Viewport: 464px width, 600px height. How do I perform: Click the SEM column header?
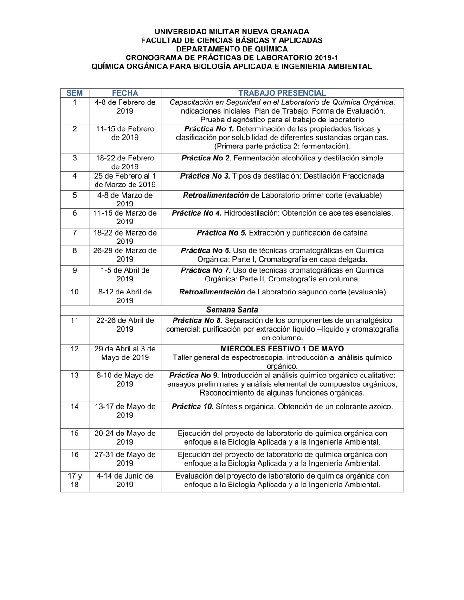click(x=74, y=93)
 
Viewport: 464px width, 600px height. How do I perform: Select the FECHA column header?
click(x=125, y=93)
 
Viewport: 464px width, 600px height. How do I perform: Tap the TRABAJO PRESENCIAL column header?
click(x=282, y=93)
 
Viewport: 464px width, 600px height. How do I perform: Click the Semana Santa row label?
click(x=232, y=310)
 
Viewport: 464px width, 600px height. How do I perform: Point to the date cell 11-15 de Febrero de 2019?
click(x=125, y=133)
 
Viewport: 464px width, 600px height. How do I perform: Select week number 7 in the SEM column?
click(x=74, y=233)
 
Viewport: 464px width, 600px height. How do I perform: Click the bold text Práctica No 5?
click(x=221, y=233)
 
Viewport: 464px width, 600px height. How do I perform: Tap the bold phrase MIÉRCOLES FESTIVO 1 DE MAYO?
click(x=282, y=349)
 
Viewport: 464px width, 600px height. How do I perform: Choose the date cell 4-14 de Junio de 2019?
click(x=125, y=480)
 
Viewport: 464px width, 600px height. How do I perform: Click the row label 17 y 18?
click(x=74, y=480)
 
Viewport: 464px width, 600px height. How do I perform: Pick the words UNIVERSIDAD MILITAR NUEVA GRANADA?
click(x=232, y=32)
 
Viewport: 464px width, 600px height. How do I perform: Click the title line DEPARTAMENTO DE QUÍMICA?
click(x=232, y=49)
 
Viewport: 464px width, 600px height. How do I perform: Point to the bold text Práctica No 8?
click(x=197, y=320)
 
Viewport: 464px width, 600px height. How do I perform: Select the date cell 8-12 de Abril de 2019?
click(x=125, y=296)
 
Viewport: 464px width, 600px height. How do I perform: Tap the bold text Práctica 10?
click(x=192, y=407)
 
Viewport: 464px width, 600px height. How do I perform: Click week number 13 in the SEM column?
click(x=74, y=376)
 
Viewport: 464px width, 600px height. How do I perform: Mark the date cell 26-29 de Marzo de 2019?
click(x=125, y=255)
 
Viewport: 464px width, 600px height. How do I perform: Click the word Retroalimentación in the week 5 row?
click(x=216, y=195)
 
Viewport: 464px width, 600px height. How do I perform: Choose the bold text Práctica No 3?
click(x=205, y=176)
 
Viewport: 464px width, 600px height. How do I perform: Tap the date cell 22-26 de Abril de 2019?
click(x=125, y=325)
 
